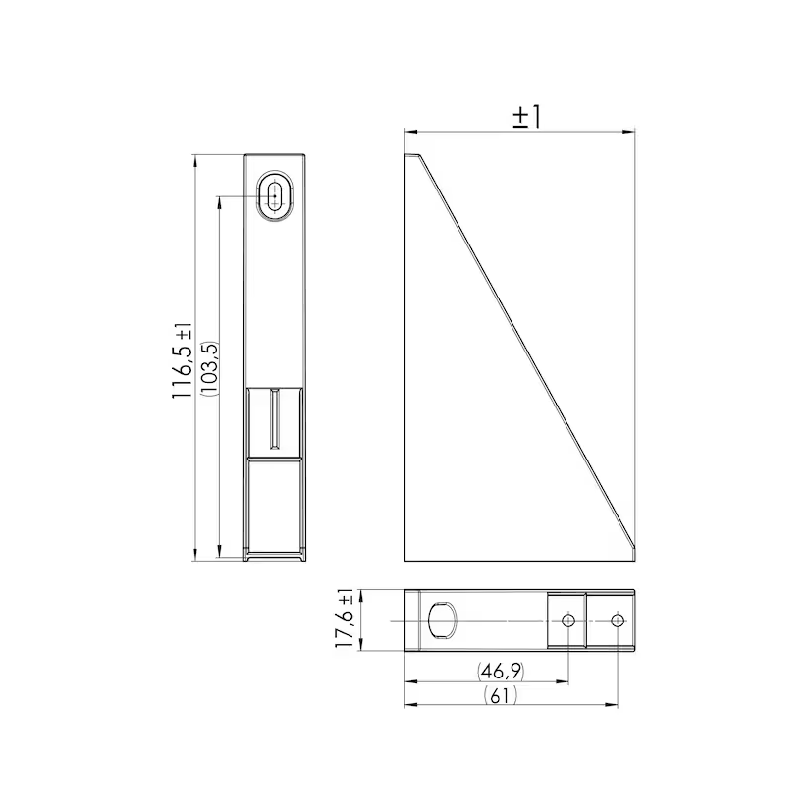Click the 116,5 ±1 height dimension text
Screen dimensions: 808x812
pos(182,360)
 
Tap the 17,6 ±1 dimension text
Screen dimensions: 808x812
pos(344,619)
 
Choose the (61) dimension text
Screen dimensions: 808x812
pos(501,695)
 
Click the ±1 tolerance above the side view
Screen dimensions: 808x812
pos(526,117)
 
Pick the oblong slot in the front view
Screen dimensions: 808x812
pos(275,196)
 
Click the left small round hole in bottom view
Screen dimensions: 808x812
pos(568,621)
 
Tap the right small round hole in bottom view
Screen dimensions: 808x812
pos(618,621)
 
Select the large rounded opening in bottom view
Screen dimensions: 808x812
pos(443,621)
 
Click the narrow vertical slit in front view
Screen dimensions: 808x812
pos(275,418)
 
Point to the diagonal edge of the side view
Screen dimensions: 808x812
pos(527,351)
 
